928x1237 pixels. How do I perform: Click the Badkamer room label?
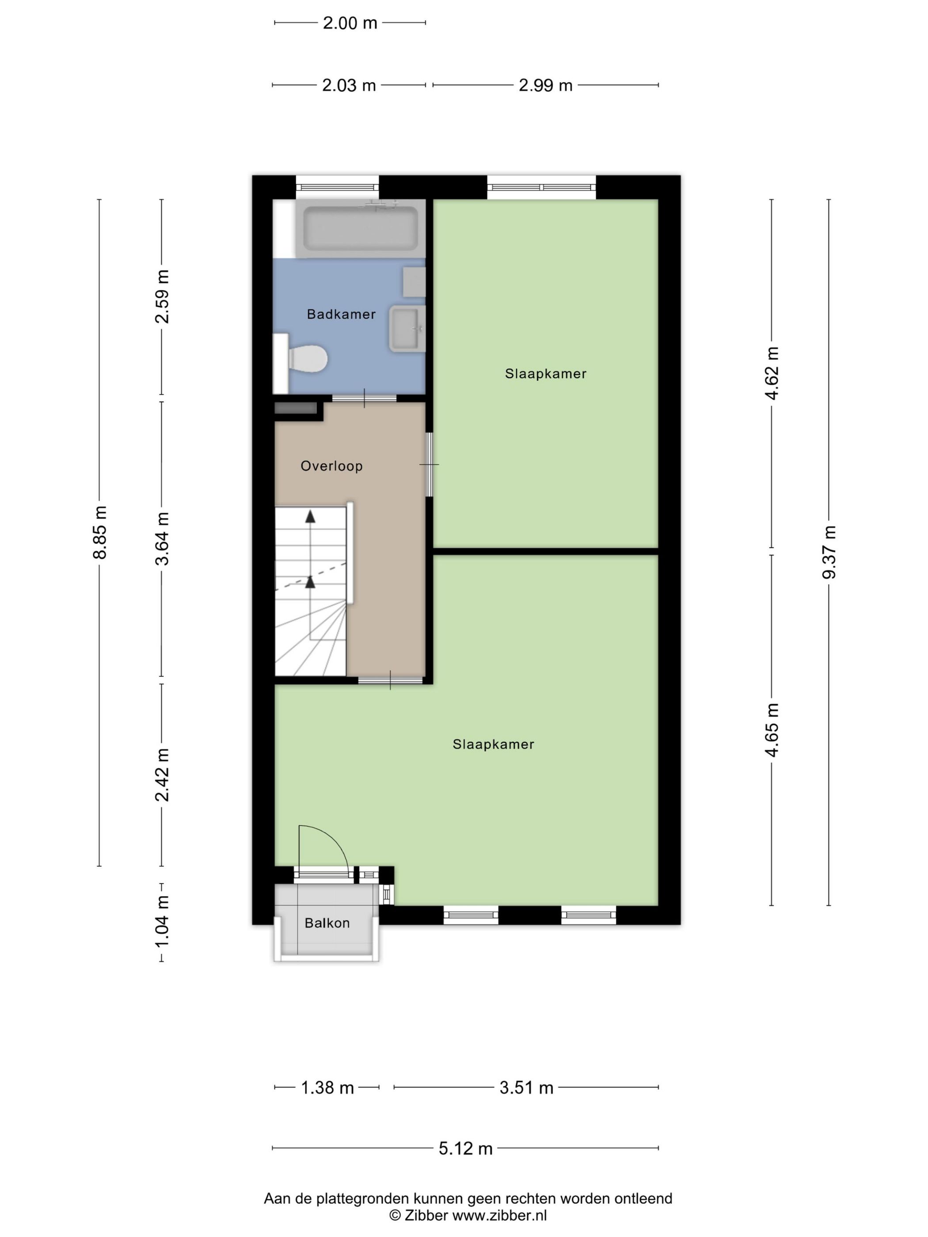pos(341,314)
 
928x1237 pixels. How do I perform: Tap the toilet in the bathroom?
pos(307,358)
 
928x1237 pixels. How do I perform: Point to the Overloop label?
pos(331,466)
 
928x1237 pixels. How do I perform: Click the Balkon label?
pos(327,923)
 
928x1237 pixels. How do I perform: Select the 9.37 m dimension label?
pos(829,552)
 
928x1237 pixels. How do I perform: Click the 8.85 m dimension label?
pos(99,532)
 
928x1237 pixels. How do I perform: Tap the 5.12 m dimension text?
pos(465,1149)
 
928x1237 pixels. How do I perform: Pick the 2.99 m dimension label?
pos(545,86)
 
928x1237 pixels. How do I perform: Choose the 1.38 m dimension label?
pos(327,1088)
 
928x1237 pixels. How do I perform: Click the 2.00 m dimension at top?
pos(350,23)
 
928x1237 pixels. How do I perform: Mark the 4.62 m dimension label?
pos(772,373)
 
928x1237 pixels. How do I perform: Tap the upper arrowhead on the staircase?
pos(310,516)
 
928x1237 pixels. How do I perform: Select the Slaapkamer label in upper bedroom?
pos(545,374)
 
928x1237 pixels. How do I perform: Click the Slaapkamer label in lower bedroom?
pos(493,744)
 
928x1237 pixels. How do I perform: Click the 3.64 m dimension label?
pos(162,539)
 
